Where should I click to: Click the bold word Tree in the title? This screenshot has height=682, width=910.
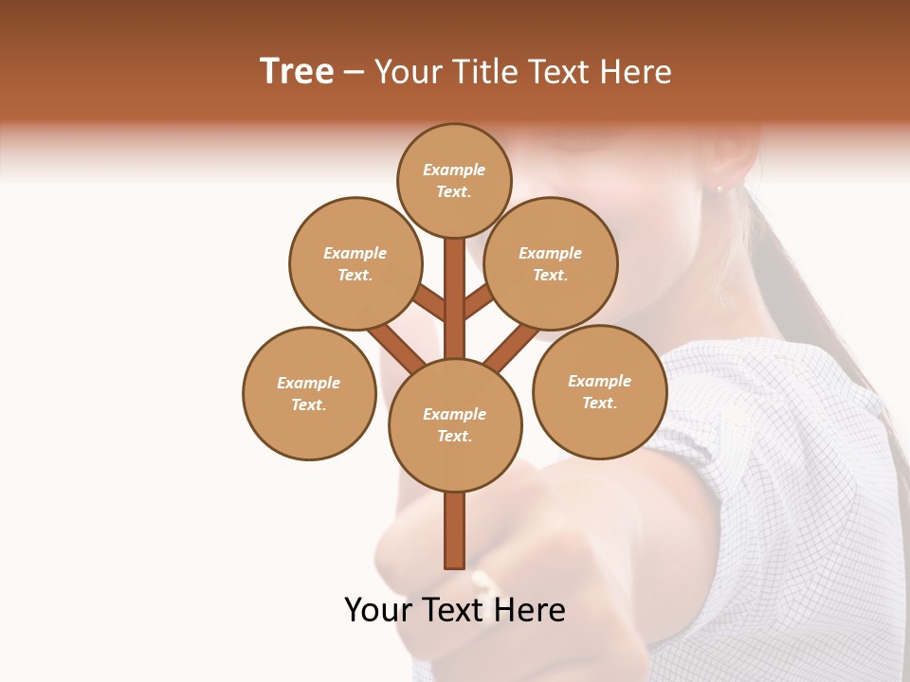click(297, 71)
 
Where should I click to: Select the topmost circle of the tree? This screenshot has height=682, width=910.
click(454, 180)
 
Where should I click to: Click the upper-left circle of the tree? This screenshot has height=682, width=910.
click(355, 263)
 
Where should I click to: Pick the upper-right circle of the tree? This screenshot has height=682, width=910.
click(551, 263)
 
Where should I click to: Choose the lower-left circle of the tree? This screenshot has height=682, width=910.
click(309, 393)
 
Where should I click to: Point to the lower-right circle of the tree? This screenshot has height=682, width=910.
click(599, 391)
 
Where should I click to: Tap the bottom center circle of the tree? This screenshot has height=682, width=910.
click(455, 424)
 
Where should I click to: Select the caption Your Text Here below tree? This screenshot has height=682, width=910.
click(455, 610)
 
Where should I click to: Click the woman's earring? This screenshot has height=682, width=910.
click(719, 189)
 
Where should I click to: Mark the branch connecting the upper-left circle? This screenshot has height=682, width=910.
click(428, 303)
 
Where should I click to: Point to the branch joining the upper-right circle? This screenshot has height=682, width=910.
click(479, 301)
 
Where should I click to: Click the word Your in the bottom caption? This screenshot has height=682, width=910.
click(376, 610)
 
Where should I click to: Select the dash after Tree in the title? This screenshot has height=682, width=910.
click(355, 72)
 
